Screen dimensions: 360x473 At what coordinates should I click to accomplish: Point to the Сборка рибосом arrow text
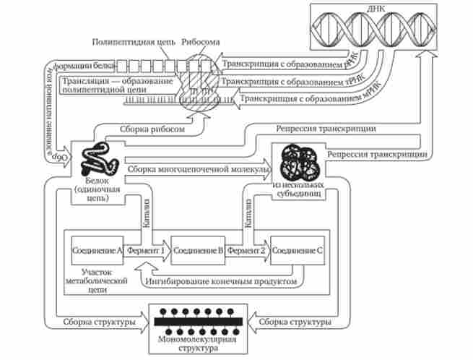149,129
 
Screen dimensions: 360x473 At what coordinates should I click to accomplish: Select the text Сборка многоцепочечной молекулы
199,169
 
